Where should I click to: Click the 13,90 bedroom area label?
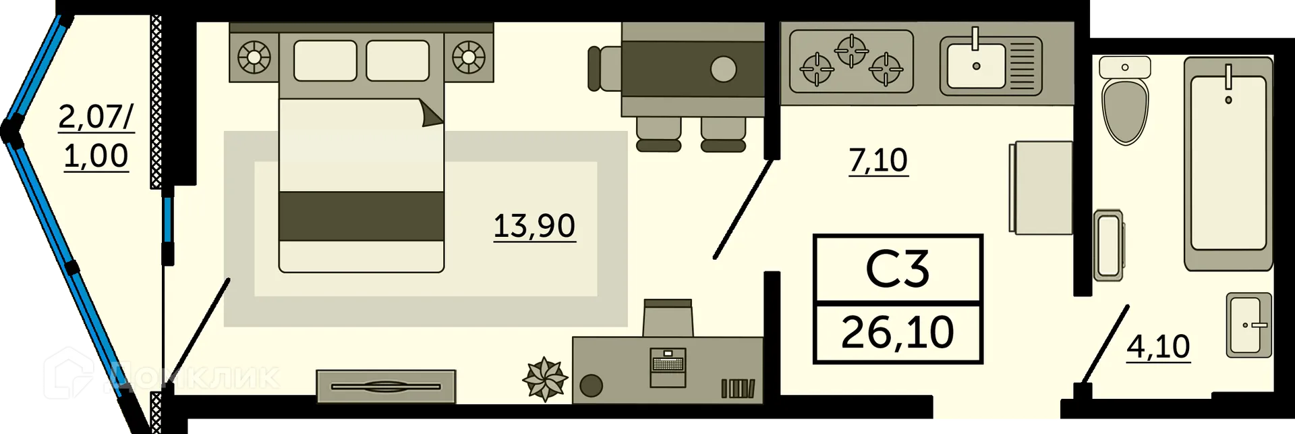point(534,226)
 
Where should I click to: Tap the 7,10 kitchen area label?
point(877,161)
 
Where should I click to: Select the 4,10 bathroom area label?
point(1158,347)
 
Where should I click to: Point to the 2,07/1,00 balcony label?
point(96,136)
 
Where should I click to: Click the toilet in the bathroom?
point(1124,108)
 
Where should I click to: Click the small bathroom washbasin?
point(1248,325)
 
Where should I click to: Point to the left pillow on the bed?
point(325,61)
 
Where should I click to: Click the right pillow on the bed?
point(397,61)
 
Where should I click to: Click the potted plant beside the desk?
point(545,379)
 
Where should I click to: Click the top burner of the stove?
point(851,50)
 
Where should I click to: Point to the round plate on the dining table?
point(723,70)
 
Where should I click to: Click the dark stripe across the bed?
point(361,215)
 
